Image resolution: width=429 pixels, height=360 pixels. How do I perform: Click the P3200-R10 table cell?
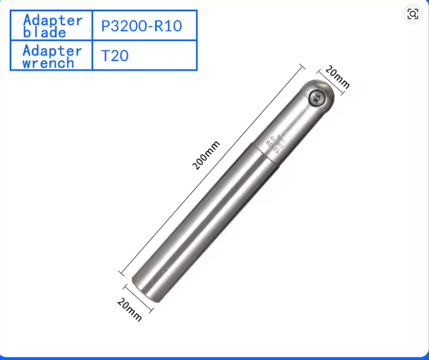[x=144, y=25]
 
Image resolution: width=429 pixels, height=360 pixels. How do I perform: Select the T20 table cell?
[x=144, y=55]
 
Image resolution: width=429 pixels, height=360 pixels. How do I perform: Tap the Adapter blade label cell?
[x=52, y=25]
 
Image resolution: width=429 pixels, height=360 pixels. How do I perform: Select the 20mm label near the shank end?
[x=129, y=309]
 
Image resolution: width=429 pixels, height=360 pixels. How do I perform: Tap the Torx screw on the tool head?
[x=316, y=97]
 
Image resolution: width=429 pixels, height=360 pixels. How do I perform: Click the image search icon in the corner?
[x=412, y=14]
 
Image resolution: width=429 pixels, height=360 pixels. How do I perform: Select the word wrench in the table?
[x=48, y=63]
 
